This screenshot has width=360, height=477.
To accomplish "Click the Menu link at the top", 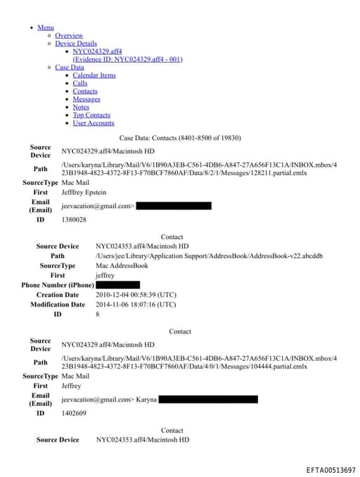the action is tap(46, 27).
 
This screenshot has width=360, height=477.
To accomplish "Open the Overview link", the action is tap(69, 35).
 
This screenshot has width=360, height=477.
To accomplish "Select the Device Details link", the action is tap(76, 44).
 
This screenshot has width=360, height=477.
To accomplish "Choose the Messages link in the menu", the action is tap(86, 99).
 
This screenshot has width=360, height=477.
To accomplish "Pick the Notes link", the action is tap(81, 107).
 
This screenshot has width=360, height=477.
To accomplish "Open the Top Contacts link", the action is tap(91, 115).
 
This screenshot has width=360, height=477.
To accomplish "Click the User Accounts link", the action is tap(94, 123).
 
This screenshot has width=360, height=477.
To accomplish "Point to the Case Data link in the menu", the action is tap(70, 68).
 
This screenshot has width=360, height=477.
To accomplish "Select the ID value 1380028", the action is tap(74, 220).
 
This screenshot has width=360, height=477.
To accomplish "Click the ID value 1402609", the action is tap(74, 414).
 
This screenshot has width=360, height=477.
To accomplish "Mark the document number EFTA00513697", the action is tap(330, 469).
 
